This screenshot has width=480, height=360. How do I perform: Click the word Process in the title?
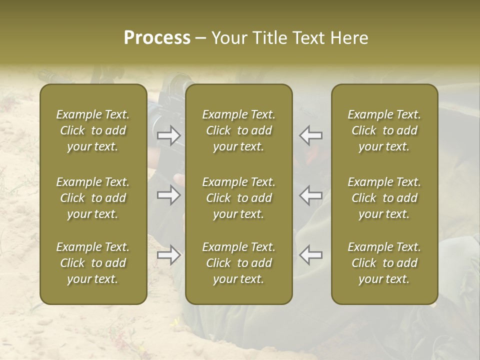pos(157,38)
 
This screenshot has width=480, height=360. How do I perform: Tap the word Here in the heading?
pos(349,38)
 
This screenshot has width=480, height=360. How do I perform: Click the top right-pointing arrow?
pos(168,135)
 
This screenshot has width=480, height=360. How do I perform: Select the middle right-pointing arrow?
pos(168,195)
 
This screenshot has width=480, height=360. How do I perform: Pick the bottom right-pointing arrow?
pos(168,255)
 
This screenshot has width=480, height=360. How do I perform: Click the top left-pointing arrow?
pos(311,135)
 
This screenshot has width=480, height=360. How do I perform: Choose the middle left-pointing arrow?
pos(311,195)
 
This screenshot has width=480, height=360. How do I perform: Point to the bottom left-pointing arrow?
pos(311,255)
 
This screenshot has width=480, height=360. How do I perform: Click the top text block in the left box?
pos(93,130)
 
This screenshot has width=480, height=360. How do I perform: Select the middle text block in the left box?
pos(93,198)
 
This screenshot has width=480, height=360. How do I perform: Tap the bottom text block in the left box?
pos(93,263)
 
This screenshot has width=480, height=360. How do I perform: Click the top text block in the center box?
pos(239,130)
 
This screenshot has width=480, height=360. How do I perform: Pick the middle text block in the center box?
pos(239,198)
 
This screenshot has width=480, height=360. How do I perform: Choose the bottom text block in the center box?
pos(239,263)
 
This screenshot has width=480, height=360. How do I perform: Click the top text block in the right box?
pos(384,130)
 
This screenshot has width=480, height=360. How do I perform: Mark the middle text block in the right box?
pos(384,198)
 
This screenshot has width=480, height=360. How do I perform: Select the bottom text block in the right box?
pos(384,263)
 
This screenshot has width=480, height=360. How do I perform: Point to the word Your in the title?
pos(228,38)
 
